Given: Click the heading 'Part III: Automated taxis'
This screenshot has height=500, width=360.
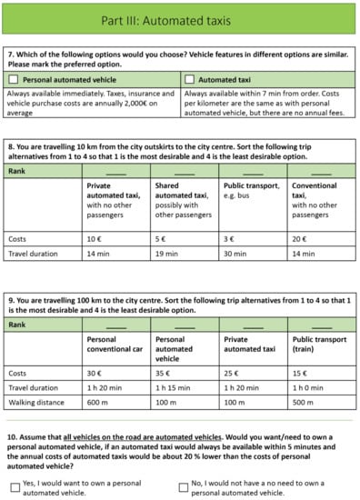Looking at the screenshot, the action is pyautogui.click(x=180, y=18).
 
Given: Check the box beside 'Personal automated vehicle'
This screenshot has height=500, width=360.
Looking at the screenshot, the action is pyautogui.click(x=14, y=79).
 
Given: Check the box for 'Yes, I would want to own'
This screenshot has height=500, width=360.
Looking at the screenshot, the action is pyautogui.click(x=14, y=485).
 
